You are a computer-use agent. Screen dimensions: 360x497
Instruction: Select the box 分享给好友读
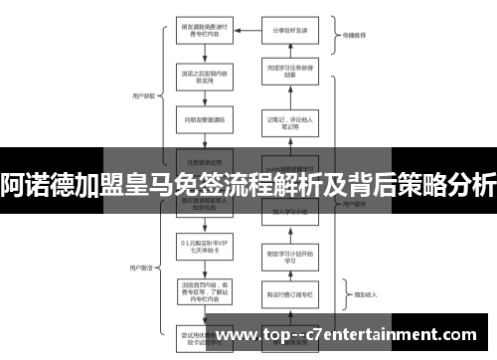291,30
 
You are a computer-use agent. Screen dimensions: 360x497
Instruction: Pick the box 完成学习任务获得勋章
291,71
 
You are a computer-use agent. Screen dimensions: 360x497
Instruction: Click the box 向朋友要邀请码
204,119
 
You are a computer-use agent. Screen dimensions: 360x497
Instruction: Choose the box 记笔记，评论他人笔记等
291,122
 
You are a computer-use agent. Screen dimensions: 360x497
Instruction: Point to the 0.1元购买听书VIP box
204,246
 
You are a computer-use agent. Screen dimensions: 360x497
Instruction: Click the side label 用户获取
142,96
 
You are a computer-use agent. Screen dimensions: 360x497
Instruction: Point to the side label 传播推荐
355,36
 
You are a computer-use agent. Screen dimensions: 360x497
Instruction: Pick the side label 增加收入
355,294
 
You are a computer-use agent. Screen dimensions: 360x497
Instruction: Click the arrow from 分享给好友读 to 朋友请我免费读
248,30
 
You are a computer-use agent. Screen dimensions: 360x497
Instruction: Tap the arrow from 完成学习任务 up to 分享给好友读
291,50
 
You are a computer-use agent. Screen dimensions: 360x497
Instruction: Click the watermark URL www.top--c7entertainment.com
354,336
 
